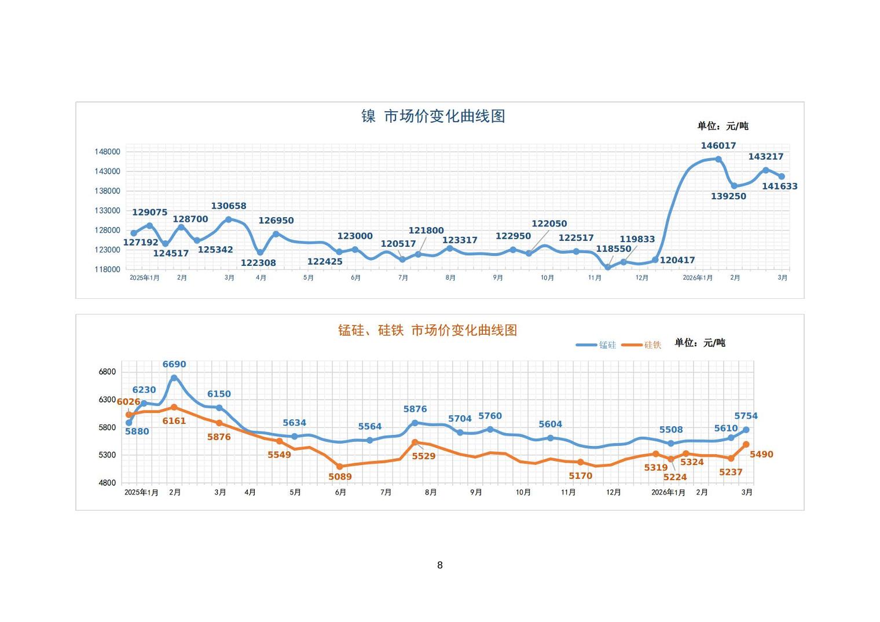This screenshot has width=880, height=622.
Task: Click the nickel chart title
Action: [433, 116]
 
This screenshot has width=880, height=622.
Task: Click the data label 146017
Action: [718, 146]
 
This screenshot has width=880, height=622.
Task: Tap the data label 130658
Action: [228, 206]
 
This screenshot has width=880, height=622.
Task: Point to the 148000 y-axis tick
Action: [108, 152]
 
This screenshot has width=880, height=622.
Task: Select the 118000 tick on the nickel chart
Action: [108, 269]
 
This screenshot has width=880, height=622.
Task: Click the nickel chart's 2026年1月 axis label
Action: [698, 278]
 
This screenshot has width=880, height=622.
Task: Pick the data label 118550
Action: [614, 249]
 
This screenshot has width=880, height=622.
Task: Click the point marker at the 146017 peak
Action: [718, 159]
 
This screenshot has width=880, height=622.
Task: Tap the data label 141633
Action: [779, 186]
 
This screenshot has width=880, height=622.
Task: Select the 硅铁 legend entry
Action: [641, 345]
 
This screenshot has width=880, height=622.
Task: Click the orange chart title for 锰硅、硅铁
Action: [427, 330]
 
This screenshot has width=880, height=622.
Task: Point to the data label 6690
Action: [174, 364]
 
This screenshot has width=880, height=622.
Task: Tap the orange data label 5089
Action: [340, 477]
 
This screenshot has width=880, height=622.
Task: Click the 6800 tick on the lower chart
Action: [107, 372]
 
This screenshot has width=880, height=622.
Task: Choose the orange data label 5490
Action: [761, 455]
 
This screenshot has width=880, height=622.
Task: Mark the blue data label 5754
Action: [746, 416]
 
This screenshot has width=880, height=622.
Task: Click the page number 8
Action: [440, 565]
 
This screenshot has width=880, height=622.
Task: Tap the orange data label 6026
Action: [128, 402]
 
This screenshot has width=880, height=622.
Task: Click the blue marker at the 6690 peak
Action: [174, 378]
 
